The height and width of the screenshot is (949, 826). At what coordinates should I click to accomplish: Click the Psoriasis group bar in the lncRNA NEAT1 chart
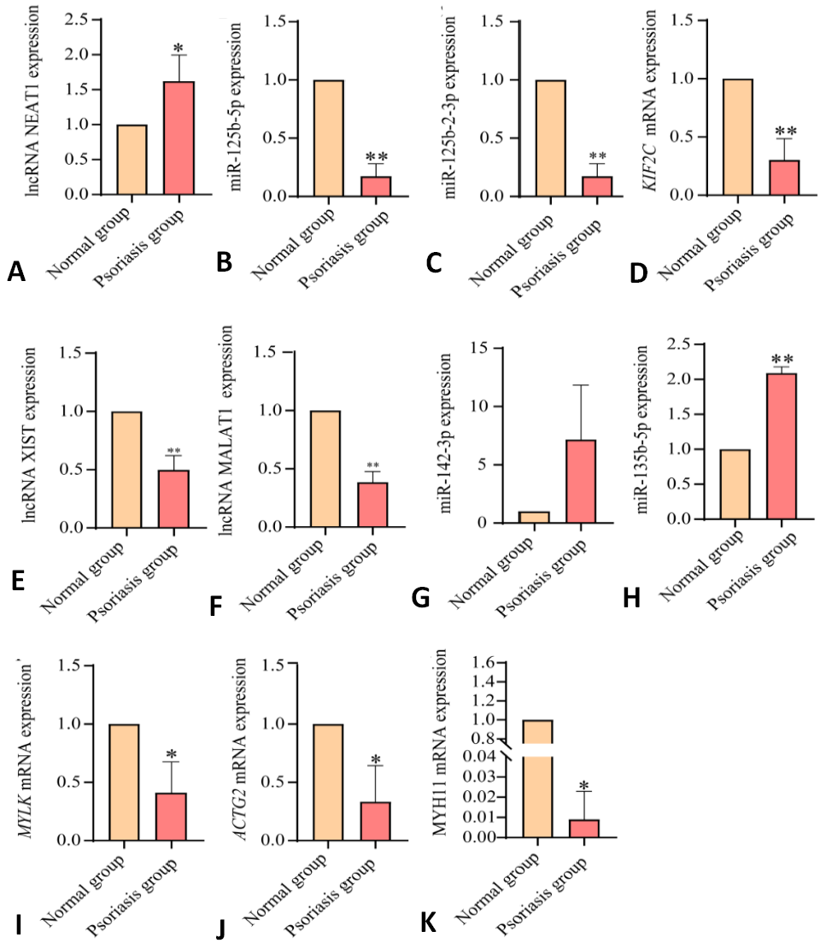click(179, 138)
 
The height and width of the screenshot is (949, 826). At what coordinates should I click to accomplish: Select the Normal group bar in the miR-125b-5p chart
click(329, 138)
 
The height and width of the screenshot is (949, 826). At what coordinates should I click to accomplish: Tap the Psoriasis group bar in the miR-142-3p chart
click(581, 481)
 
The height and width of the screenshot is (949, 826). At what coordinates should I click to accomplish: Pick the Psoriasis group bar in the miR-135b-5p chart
click(782, 446)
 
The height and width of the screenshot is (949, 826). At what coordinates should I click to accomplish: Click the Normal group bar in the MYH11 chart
click(537, 779)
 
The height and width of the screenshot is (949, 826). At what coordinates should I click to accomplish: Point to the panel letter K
click(428, 923)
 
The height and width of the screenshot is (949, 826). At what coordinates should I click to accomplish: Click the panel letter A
click(16, 272)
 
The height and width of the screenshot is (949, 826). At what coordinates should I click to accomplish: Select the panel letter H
click(631, 598)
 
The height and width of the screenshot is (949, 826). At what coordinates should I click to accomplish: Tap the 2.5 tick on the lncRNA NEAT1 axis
click(76, 20)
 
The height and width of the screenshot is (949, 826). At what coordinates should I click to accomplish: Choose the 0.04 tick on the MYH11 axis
click(477, 756)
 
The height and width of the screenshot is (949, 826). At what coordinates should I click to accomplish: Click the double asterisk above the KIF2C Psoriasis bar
click(786, 130)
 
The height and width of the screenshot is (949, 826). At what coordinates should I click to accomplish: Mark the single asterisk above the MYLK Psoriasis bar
click(171, 754)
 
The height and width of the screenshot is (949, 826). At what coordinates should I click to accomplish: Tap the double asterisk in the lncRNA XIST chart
click(173, 451)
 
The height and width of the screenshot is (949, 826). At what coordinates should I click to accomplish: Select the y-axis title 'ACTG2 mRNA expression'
click(240, 749)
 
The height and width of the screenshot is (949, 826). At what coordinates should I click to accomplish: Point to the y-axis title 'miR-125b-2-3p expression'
click(449, 107)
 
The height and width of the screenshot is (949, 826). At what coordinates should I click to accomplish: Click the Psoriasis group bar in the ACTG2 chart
click(375, 821)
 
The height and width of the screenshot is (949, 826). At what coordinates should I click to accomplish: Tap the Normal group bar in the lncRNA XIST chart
click(126, 470)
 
